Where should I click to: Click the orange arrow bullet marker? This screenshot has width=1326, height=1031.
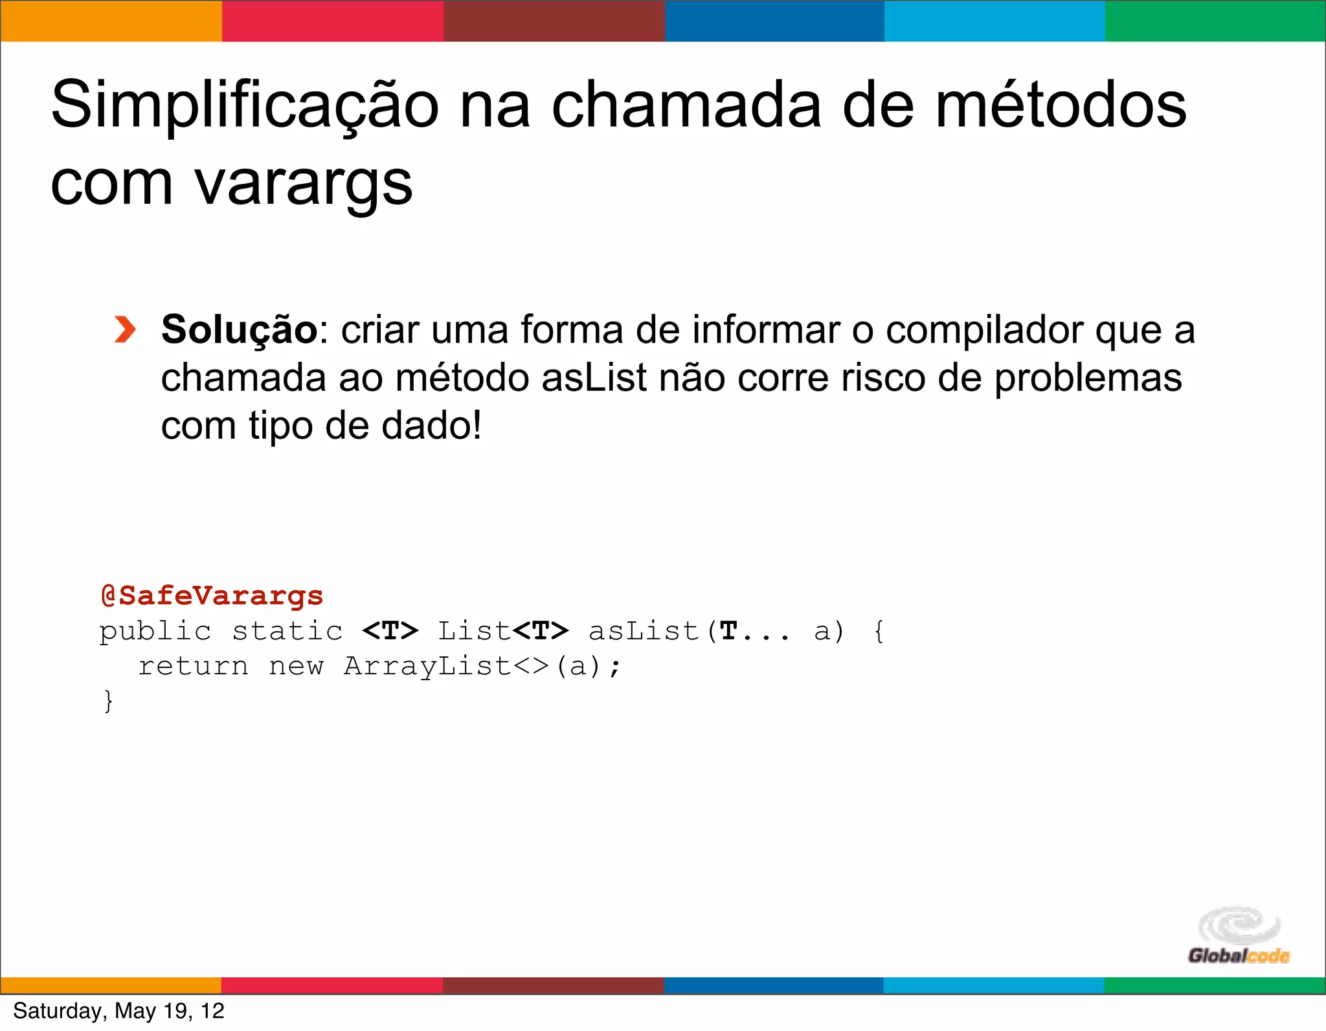pyautogui.click(x=124, y=329)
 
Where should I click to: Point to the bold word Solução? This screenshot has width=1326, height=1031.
pyautogui.click(x=239, y=329)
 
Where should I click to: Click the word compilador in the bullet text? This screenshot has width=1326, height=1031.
pyautogui.click(x=984, y=331)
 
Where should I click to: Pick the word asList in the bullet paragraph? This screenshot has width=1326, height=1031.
pyautogui.click(x=594, y=378)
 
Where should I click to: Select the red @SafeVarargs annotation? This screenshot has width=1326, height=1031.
pyautogui.click(x=212, y=595)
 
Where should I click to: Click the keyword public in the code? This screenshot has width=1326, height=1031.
pyautogui.click(x=155, y=631)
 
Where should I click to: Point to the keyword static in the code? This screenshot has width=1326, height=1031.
pyautogui.click(x=287, y=631)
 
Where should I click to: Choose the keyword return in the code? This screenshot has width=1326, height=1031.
pyautogui.click(x=193, y=666)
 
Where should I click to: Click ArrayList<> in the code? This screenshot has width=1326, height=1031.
pyautogui.click(x=447, y=666)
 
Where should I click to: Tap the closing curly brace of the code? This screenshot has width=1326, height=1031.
pyautogui.click(x=108, y=701)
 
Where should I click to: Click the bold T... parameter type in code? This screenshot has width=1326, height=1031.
pyautogui.click(x=754, y=631)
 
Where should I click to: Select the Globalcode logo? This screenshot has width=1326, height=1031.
pyautogui.click(x=1239, y=936)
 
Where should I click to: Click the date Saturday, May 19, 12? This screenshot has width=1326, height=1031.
pyautogui.click(x=118, y=1011)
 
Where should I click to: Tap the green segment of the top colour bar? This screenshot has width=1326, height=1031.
pyautogui.click(x=1215, y=21)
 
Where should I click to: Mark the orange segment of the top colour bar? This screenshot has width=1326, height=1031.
pyautogui.click(x=111, y=21)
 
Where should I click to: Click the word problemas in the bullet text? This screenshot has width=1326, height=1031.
pyautogui.click(x=1088, y=378)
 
